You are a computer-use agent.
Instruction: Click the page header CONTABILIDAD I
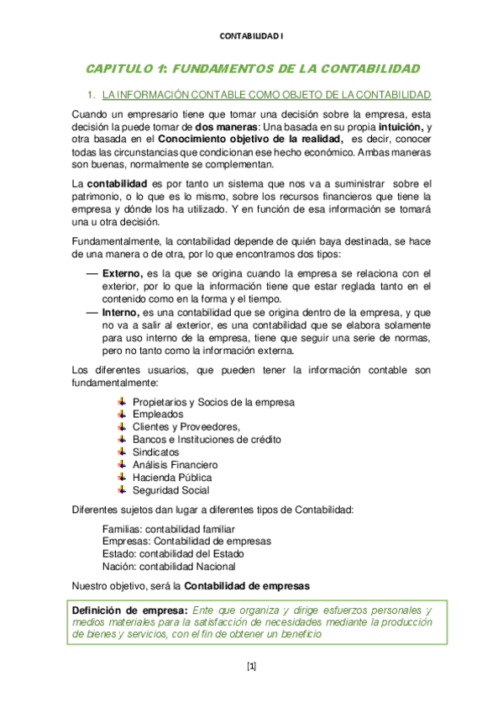pyautogui.click(x=251, y=36)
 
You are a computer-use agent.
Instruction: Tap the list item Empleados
pyautogui.click(x=158, y=415)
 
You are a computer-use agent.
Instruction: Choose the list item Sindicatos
pyautogui.click(x=156, y=452)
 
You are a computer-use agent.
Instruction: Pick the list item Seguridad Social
pyautogui.click(x=171, y=490)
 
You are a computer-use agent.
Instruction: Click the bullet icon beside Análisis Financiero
pyautogui.click(x=122, y=464)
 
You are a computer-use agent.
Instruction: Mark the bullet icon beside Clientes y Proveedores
pyautogui.click(x=122, y=426)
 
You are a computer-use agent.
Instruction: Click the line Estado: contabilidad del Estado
pyautogui.click(x=173, y=554)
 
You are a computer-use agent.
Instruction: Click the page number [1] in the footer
pyautogui.click(x=251, y=667)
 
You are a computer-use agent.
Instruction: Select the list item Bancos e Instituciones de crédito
pyautogui.click(x=207, y=440)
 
